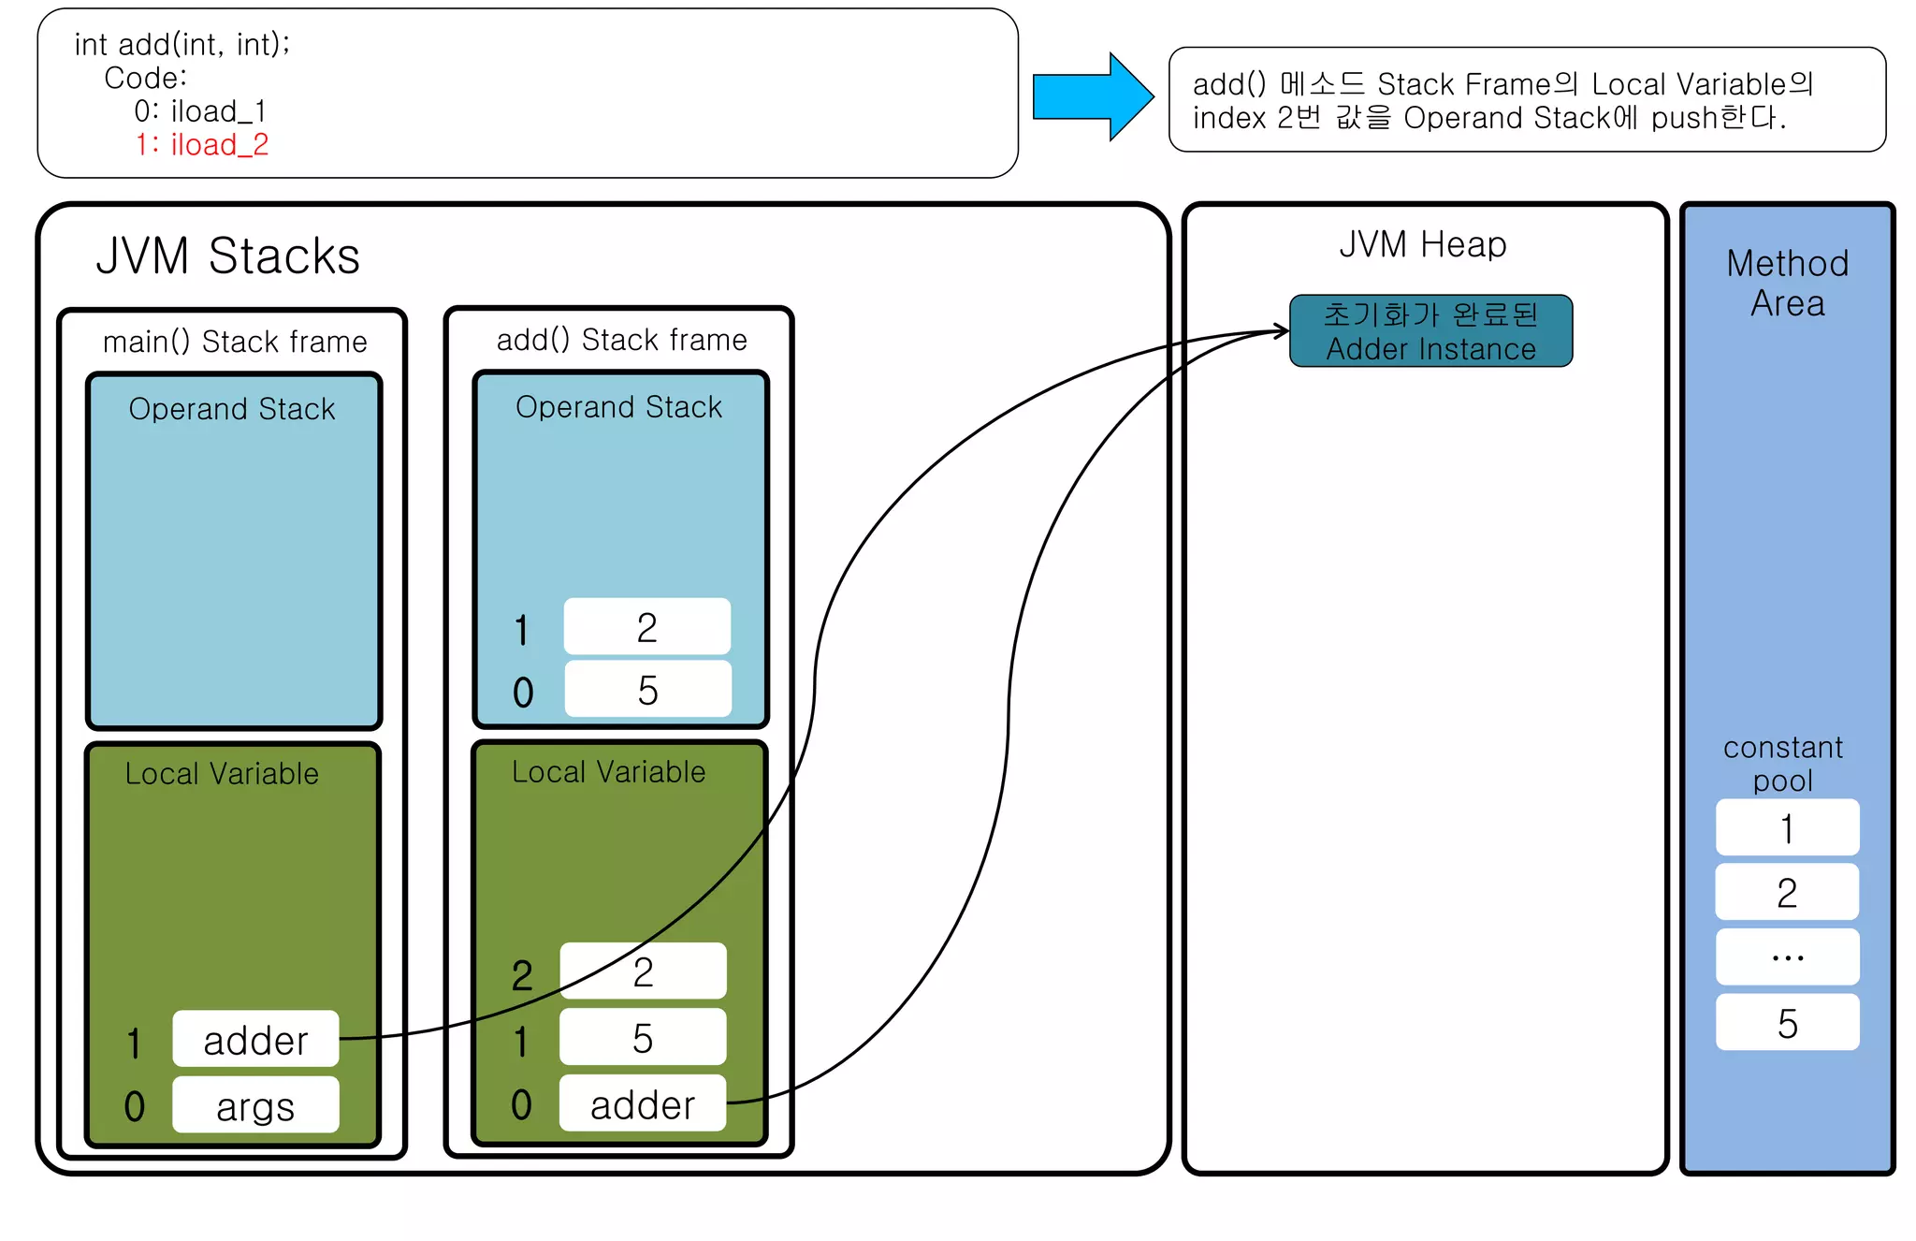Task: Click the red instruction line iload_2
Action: [202, 145]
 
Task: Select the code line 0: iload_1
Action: [200, 111]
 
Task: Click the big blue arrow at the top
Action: [1091, 96]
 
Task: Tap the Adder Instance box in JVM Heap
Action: [1430, 331]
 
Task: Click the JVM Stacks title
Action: [227, 255]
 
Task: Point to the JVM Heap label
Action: [1422, 244]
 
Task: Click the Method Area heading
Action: [1787, 283]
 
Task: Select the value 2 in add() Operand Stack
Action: [646, 627]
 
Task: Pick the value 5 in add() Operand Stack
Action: [647, 690]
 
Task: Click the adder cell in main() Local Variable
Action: [255, 1040]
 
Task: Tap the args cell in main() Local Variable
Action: [255, 1106]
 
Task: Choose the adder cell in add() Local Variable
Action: [642, 1104]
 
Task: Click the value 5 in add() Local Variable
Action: [642, 1038]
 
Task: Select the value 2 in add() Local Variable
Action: [642, 971]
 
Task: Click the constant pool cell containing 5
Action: [1787, 1023]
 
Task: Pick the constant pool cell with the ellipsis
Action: [1787, 956]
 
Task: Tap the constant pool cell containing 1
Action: [1787, 828]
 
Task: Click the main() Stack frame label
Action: [235, 342]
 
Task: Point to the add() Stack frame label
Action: [621, 340]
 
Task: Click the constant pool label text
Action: [1783, 764]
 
